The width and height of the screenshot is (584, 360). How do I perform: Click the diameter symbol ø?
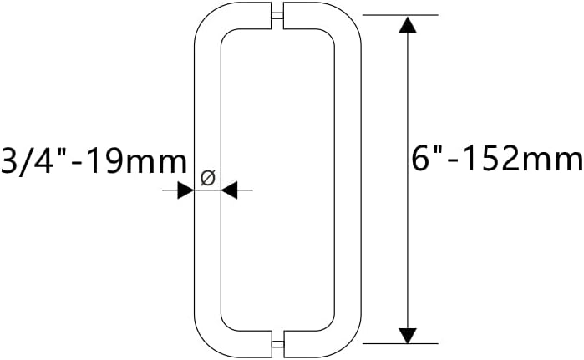pos(209,177)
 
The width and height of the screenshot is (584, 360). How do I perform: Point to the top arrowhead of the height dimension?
pos(407,24)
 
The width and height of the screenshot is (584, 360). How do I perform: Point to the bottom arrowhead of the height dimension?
pos(407,335)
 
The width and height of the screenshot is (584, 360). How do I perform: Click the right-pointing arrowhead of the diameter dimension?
pos(185,191)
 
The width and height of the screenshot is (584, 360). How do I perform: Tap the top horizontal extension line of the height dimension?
pos(399,15)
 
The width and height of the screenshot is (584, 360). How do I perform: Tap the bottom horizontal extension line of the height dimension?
pos(399,343)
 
